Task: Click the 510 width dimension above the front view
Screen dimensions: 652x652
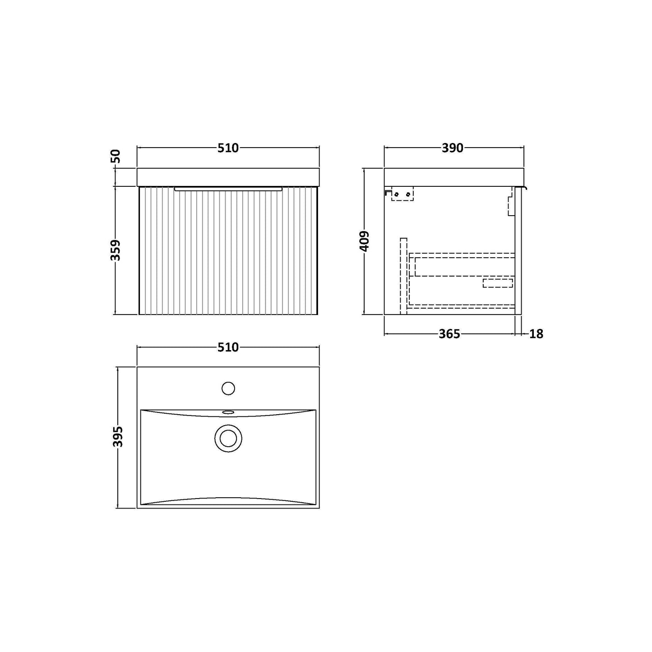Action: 228,148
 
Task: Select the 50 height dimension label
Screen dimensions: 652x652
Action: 116,156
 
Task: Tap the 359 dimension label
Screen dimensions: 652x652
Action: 116,250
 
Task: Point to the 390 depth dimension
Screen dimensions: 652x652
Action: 453,148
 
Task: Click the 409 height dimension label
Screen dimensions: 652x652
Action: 365,241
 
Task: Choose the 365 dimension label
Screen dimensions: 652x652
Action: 449,334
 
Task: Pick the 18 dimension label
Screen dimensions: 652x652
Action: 536,334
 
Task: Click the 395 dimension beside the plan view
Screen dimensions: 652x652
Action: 118,436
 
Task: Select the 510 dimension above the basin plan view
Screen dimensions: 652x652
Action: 228,347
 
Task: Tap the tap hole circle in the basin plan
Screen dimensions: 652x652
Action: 228,388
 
